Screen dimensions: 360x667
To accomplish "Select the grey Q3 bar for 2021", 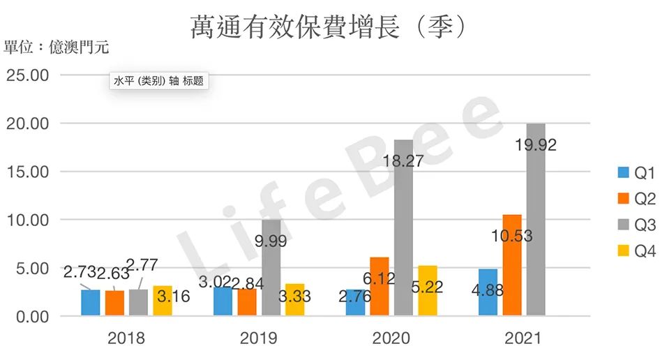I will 537,220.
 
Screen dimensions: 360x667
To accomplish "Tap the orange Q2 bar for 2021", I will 512,265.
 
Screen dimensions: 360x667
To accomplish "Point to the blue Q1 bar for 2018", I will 91,303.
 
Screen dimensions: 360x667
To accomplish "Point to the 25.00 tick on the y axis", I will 27,75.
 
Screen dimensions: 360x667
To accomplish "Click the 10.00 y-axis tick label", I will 27,220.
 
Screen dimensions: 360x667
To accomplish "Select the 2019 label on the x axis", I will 258,338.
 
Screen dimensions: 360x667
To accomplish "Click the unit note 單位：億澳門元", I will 57,47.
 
